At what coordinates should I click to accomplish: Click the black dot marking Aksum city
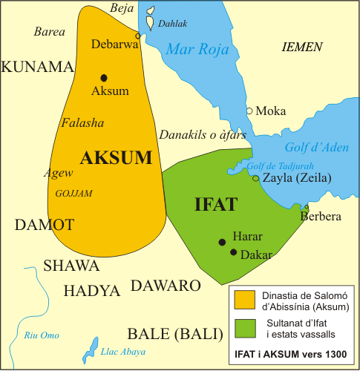coord(104,77)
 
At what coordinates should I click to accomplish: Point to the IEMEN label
coord(302,47)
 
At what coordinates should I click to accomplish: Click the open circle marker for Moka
coord(249,111)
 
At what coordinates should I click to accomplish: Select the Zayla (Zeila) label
coord(296,179)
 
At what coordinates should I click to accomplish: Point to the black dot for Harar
coord(221,242)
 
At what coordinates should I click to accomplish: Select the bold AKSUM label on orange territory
coord(115,157)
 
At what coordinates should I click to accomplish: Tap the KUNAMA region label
coord(37,68)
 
